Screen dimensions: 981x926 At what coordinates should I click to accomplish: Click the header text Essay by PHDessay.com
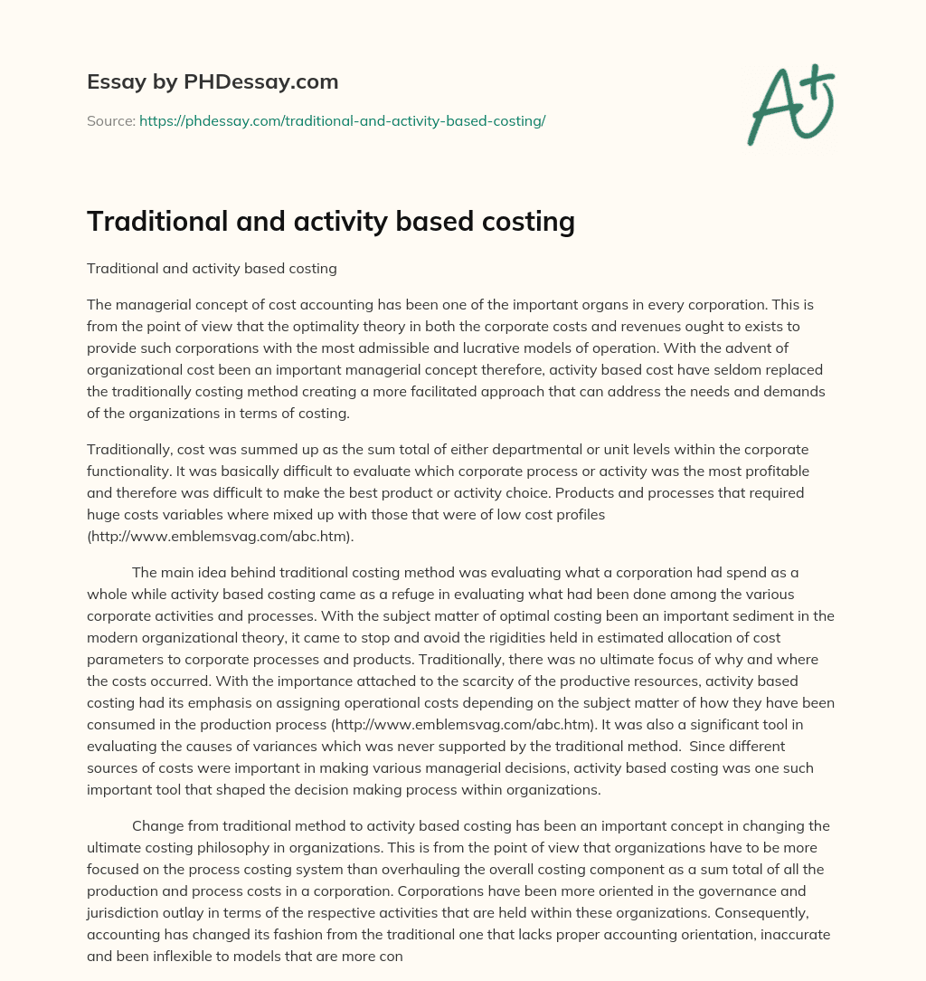pyautogui.click(x=213, y=82)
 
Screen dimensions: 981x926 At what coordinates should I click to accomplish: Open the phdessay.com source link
pyautogui.click(x=342, y=120)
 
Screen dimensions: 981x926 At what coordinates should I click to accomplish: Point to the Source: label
pyautogui.click(x=110, y=120)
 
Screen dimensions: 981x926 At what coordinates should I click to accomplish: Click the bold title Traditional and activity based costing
pyautogui.click(x=331, y=221)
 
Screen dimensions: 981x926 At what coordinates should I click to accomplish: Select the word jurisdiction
pyautogui.click(x=129, y=912)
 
